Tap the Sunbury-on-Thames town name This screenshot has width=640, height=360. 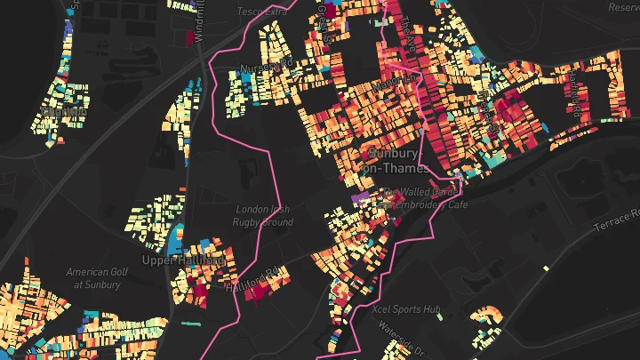point(396,161)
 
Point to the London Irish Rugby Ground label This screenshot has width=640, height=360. point(264,215)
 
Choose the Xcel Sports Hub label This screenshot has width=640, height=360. point(407,309)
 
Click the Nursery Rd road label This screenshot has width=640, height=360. point(268,67)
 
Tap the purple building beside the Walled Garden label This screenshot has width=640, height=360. point(361,196)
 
